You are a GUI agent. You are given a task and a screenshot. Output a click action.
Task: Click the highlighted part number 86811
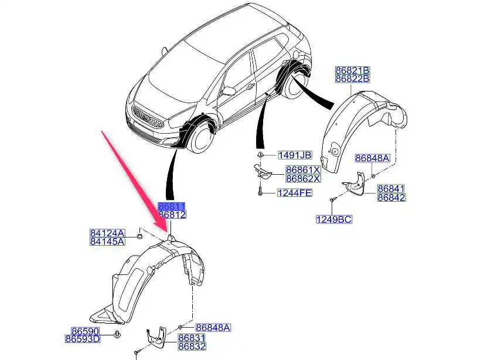pyautogui.click(x=172, y=206)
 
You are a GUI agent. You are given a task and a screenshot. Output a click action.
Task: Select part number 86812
pyautogui.click(x=172, y=215)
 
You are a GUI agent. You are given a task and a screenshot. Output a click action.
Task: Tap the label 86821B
pyautogui.click(x=352, y=70)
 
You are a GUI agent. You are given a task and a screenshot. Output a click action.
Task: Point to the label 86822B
pyautogui.click(x=352, y=79)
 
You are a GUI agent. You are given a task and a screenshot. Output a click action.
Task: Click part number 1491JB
pyautogui.click(x=295, y=155)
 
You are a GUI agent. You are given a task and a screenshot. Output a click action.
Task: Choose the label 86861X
pyautogui.click(x=303, y=169)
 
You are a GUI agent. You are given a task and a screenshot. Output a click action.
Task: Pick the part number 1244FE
pyautogui.click(x=295, y=192)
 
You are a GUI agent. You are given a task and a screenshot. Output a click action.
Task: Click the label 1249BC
pyautogui.click(x=334, y=220)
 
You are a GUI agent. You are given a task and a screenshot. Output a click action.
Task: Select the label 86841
pyautogui.click(x=391, y=189)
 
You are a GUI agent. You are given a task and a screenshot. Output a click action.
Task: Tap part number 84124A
pyautogui.click(x=107, y=232)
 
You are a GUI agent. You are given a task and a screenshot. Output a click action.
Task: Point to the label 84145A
pyautogui.click(x=107, y=241)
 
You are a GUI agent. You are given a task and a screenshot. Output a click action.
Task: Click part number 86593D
pyautogui.click(x=82, y=338)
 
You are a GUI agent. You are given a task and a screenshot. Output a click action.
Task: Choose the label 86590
pyautogui.click(x=83, y=330)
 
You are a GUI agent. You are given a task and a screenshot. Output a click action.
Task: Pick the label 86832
pyautogui.click(x=192, y=347)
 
